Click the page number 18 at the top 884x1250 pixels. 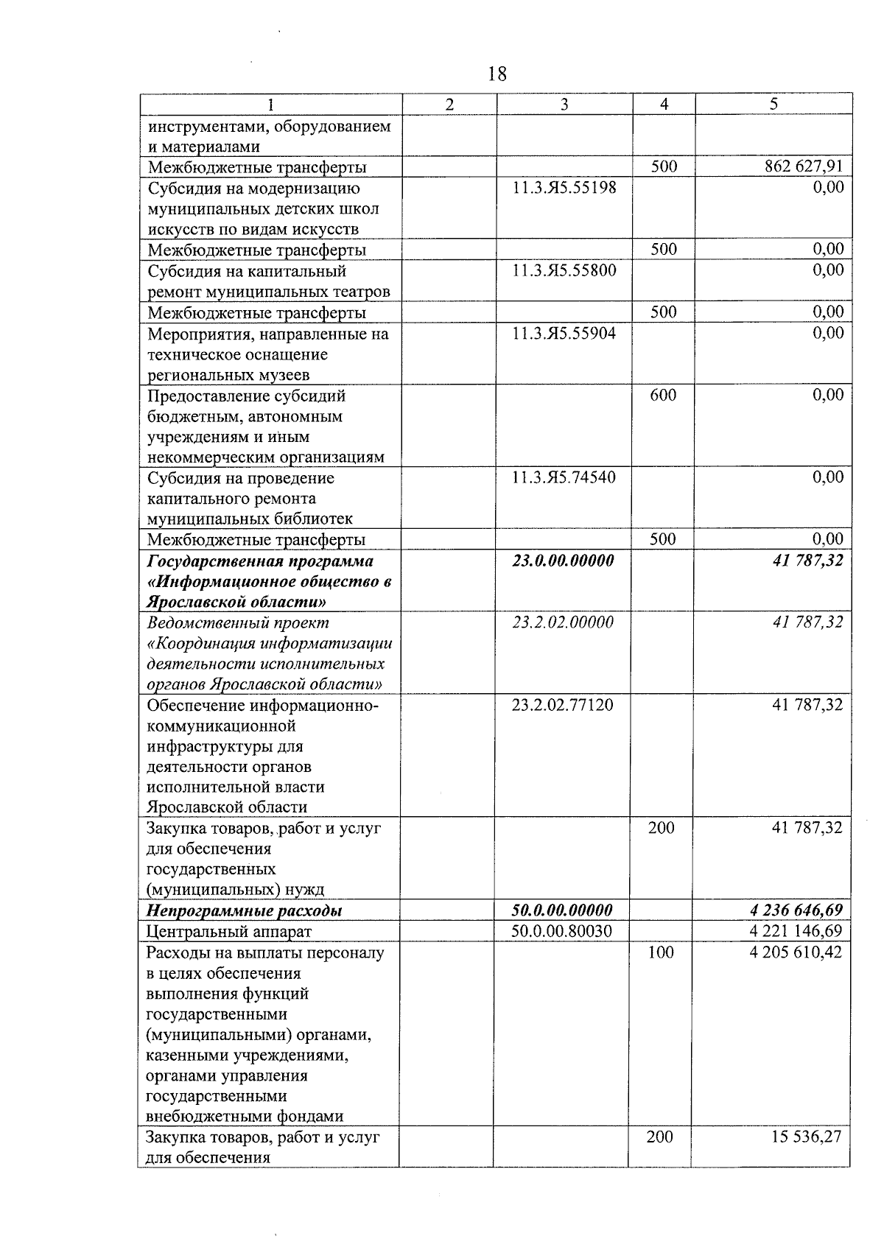[497, 74]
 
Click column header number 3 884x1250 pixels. [564, 105]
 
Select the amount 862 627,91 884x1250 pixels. [804, 167]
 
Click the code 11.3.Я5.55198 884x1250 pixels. [564, 188]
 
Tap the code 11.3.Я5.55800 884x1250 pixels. [564, 270]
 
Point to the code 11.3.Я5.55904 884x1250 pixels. [564, 334]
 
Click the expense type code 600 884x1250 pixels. [663, 396]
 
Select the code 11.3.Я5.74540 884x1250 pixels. [564, 478]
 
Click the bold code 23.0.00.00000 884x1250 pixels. [564, 561]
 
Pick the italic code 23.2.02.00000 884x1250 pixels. [564, 622]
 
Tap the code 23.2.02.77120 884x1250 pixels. [563, 706]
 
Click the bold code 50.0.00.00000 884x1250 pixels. [562, 910]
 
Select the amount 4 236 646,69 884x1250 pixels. [796, 910]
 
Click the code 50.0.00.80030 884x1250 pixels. [562, 931]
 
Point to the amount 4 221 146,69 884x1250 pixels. [796, 931]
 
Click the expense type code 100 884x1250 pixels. [661, 952]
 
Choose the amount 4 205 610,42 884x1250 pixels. [796, 952]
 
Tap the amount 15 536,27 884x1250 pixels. [806, 1137]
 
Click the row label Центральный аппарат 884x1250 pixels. [229, 932]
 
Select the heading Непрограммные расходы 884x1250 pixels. [244, 911]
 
